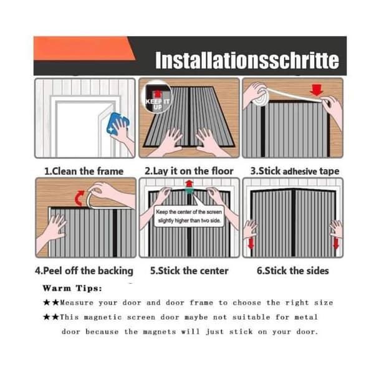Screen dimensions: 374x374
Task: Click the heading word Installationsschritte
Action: (x=247, y=60)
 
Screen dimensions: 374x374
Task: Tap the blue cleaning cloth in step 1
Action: (x=117, y=123)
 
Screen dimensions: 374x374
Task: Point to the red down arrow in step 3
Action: (x=317, y=90)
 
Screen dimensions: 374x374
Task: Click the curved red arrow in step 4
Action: (x=79, y=198)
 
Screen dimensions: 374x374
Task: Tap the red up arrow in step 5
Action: (x=189, y=184)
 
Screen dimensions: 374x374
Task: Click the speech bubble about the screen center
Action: (x=189, y=216)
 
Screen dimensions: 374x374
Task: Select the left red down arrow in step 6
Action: (x=251, y=244)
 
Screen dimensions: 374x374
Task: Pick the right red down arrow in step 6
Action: (x=336, y=244)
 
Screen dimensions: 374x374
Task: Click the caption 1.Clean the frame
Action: (x=84, y=171)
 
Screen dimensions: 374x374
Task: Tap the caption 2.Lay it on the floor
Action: (x=189, y=171)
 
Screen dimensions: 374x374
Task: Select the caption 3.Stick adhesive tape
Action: (x=295, y=171)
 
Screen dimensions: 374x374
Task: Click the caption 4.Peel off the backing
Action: (x=84, y=271)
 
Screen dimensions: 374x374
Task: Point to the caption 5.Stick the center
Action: (x=189, y=271)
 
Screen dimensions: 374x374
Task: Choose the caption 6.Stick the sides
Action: (x=293, y=271)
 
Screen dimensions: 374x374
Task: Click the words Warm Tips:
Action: (x=72, y=288)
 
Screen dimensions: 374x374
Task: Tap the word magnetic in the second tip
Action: (x=103, y=317)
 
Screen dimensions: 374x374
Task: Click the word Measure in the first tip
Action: (x=77, y=303)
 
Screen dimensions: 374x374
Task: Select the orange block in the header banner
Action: (x=84, y=48)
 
